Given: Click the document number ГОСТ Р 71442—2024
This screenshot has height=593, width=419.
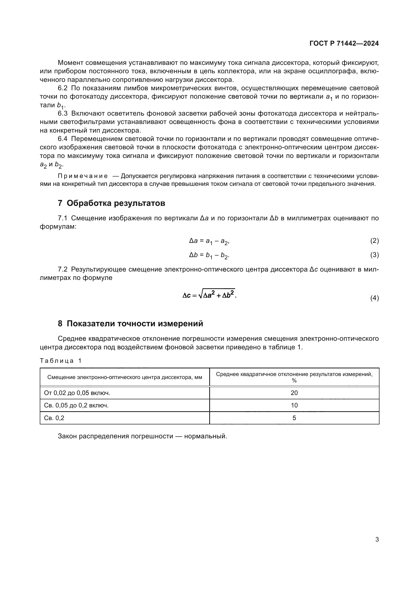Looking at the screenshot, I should [x=344, y=43].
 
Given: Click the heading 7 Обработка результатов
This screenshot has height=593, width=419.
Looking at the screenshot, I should [x=111, y=203].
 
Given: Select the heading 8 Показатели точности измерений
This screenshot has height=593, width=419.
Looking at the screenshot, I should [x=130, y=324].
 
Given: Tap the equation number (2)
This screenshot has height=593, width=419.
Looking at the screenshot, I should [x=374, y=241].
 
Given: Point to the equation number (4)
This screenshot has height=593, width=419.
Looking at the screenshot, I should [x=374, y=298].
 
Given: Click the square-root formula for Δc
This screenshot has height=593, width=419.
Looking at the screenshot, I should [x=210, y=294].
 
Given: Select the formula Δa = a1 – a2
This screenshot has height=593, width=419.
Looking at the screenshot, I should [x=209, y=241].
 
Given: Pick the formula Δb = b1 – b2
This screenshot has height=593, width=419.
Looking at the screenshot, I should [x=209, y=256].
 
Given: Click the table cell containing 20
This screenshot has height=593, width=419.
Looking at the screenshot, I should [x=294, y=393].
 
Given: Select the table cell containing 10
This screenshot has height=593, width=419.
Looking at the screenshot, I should [x=294, y=405].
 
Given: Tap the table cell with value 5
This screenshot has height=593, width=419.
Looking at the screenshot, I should [x=294, y=418].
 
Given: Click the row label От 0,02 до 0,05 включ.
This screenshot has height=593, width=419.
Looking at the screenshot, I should [x=77, y=393].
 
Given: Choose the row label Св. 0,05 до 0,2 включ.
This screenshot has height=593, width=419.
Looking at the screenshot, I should [x=76, y=405].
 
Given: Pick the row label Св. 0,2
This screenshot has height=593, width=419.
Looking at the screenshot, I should [x=54, y=418].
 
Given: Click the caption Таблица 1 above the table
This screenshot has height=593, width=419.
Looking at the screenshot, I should [x=61, y=361].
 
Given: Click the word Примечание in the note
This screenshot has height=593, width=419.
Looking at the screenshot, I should [x=83, y=176].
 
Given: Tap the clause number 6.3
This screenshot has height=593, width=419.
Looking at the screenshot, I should [x=62, y=113].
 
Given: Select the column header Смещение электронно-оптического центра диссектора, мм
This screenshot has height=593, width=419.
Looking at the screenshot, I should [x=125, y=377].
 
